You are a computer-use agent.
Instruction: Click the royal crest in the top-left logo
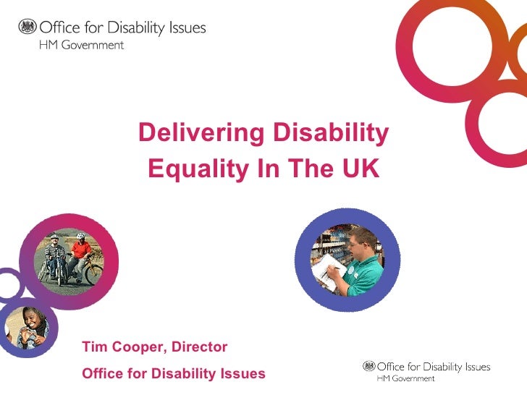[x=27, y=27]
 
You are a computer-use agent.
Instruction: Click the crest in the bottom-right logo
[x=368, y=367]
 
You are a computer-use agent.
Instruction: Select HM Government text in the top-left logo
[x=80, y=45]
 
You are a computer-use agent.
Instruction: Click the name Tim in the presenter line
[x=93, y=348]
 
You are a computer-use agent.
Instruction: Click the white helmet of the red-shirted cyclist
[x=80, y=237]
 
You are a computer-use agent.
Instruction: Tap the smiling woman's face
[x=31, y=318]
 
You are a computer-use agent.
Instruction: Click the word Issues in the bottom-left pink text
[x=242, y=374]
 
